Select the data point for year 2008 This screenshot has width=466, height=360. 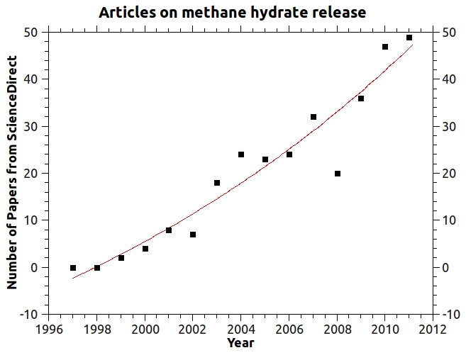point(338,174)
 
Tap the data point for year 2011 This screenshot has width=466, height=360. point(409,38)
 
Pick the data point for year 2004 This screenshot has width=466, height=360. point(241,154)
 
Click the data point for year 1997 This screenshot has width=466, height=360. point(73,268)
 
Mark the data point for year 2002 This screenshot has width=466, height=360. point(193,235)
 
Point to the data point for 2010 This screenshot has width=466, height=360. point(385,47)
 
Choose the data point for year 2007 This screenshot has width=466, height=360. point(314,117)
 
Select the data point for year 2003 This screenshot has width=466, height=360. point(217,183)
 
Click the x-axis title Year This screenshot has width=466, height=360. point(240,344)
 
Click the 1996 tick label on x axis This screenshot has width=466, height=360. point(49,329)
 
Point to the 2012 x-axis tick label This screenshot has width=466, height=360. point(432,329)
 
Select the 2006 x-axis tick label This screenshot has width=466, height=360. point(289,329)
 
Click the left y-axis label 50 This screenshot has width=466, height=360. point(30,32)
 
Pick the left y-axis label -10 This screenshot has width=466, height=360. point(28,315)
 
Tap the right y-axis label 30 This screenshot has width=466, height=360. point(448,127)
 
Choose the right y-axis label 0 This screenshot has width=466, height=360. point(445,268)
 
